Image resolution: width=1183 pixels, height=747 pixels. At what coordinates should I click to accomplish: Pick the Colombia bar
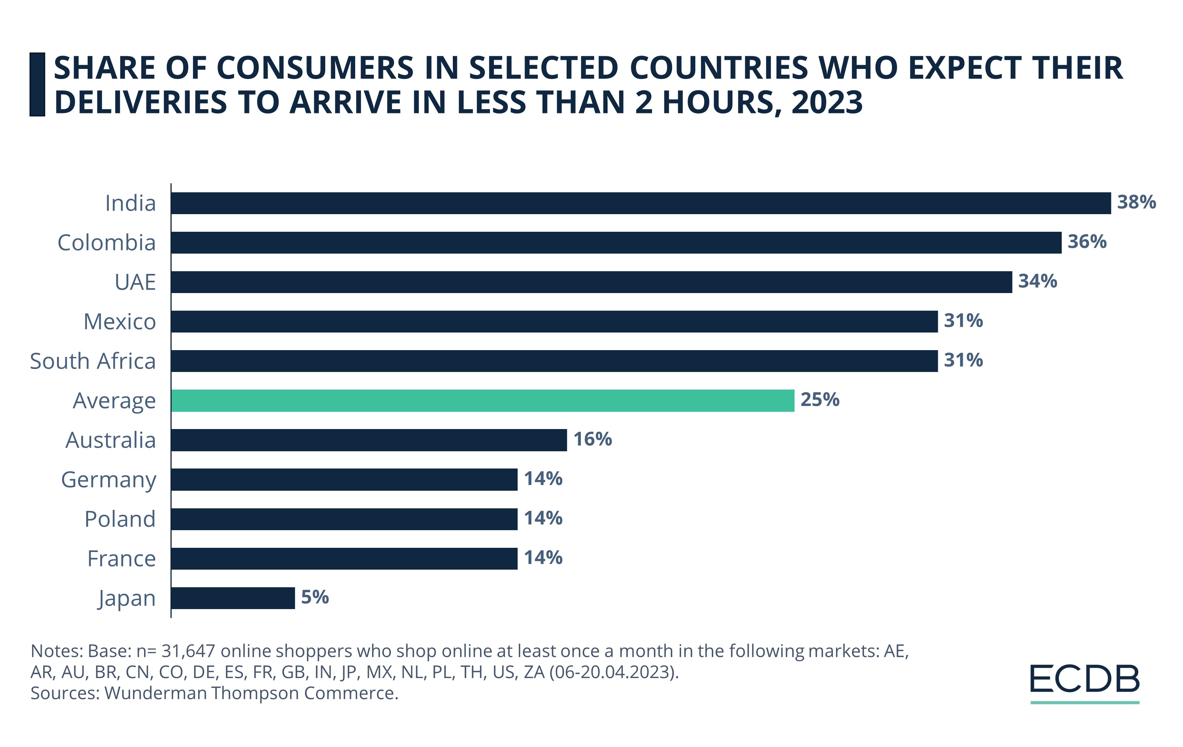click(616, 242)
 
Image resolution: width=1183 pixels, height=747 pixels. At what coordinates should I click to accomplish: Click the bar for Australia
click(369, 440)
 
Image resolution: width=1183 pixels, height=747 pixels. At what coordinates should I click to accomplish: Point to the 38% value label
click(1136, 202)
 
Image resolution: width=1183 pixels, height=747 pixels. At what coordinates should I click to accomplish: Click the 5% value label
click(315, 597)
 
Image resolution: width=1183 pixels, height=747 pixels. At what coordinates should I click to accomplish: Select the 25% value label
click(819, 400)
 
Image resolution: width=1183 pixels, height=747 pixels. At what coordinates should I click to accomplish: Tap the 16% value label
click(593, 439)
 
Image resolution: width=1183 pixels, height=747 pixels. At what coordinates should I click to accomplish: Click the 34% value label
click(1037, 282)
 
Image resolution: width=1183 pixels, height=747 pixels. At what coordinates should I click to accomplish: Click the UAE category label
click(135, 282)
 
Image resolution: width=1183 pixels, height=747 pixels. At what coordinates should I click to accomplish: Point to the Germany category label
click(108, 480)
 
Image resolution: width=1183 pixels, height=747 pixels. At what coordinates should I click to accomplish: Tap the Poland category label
click(120, 519)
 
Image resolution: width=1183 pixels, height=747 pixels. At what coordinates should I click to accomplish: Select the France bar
click(344, 559)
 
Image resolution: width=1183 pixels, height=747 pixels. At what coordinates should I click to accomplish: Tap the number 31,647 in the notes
click(188, 651)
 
